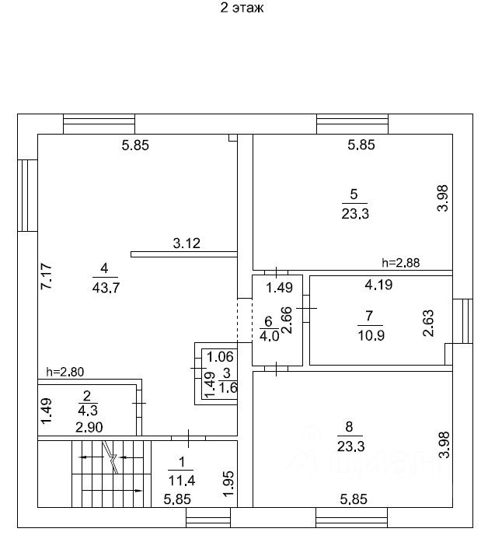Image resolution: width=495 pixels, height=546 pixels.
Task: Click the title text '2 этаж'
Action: pyautogui.click(x=242, y=8)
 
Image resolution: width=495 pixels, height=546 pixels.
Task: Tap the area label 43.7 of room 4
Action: pyautogui.click(x=106, y=288)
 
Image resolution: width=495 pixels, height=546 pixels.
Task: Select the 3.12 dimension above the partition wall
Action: pyautogui.click(x=186, y=243)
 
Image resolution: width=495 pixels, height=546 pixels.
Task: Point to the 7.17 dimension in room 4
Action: pyautogui.click(x=47, y=276)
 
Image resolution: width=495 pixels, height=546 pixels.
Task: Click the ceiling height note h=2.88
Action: pyautogui.click(x=401, y=262)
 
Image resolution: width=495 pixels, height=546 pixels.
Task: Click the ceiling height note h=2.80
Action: pyautogui.click(x=65, y=372)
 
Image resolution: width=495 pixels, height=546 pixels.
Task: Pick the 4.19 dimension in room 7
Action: pyautogui.click(x=378, y=285)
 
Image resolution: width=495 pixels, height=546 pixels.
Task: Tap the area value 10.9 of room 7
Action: pyautogui.click(x=371, y=335)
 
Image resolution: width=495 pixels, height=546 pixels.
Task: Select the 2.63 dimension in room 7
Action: pyautogui.click(x=428, y=323)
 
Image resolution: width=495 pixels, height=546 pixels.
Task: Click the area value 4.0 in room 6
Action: pyautogui.click(x=269, y=336)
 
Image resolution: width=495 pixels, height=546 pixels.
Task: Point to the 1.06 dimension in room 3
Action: pyautogui.click(x=220, y=356)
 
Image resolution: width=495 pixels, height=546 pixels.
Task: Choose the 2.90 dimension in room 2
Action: pyautogui.click(x=89, y=427)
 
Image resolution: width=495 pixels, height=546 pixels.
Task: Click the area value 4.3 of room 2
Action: pyautogui.click(x=88, y=410)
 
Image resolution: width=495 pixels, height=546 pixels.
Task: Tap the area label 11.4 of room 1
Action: pyautogui.click(x=182, y=481)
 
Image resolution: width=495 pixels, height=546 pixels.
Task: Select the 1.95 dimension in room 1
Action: pyautogui.click(x=229, y=484)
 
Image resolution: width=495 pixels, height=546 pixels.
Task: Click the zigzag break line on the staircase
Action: pyautogui.click(x=111, y=457)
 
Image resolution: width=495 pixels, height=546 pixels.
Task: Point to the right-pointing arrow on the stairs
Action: pyautogui.click(x=112, y=491)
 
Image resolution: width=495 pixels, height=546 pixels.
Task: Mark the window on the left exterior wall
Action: pyautogui.click(x=27, y=195)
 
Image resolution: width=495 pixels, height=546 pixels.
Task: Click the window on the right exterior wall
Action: pyautogui.click(x=462, y=321)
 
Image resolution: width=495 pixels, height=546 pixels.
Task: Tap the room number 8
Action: pyautogui.click(x=349, y=426)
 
